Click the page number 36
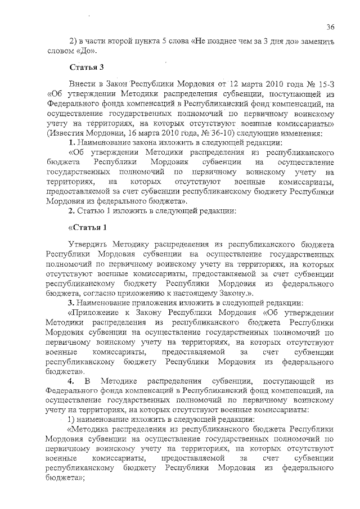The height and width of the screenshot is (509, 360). [330, 26]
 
